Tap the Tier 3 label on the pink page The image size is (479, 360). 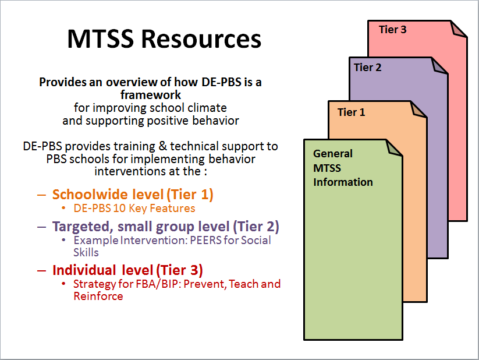[x=392, y=30]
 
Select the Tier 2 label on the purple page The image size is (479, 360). [x=368, y=67]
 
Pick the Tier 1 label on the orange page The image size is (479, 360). [x=351, y=112]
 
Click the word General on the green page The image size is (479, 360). [x=333, y=154]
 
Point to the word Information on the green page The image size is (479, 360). [x=343, y=182]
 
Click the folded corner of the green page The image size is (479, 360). [x=395, y=148]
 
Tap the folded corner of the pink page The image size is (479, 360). [x=459, y=29]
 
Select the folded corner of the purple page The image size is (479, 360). [x=440, y=65]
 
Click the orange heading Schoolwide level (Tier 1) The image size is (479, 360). [x=133, y=195]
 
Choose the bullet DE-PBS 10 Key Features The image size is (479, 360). [x=134, y=208]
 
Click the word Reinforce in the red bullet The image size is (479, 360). [x=98, y=296]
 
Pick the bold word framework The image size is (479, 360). [x=151, y=95]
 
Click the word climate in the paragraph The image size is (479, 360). [x=207, y=108]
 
